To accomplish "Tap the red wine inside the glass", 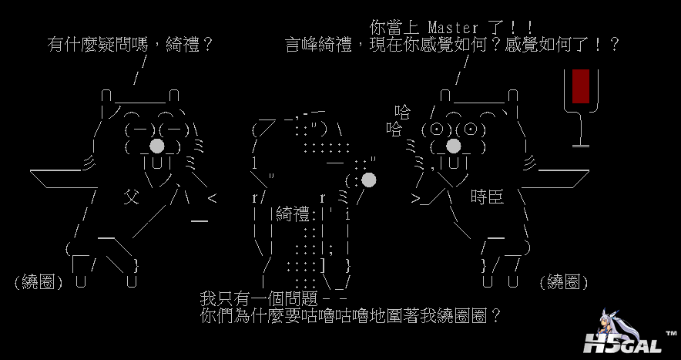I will coord(581,86).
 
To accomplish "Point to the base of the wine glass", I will coord(580,144).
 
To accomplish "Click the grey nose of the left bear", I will coord(156,146).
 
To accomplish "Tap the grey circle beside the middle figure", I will coord(368,180).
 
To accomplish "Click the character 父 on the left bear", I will coord(132,198).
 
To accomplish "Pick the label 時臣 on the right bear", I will coord(487,198).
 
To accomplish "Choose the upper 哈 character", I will coord(403,113).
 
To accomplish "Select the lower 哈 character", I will coord(394,129).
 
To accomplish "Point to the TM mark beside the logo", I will coord(667,330).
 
